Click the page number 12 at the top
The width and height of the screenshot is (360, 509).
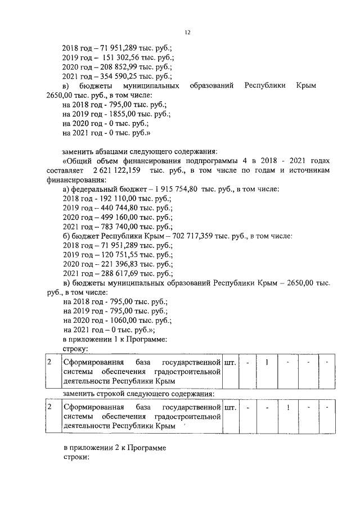187,33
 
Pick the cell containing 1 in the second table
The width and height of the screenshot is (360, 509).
287,407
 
